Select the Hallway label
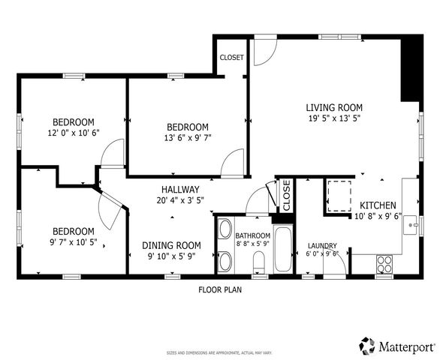click(x=179, y=190)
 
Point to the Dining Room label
click(x=172, y=245)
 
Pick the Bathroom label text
click(x=252, y=235)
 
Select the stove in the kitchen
click(x=384, y=265)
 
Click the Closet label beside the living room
click(x=231, y=58)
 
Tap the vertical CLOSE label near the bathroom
click(x=286, y=195)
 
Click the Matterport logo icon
click(x=367, y=346)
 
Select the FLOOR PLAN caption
click(x=220, y=289)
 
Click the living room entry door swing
click(x=263, y=50)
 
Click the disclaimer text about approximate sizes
click(x=219, y=352)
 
